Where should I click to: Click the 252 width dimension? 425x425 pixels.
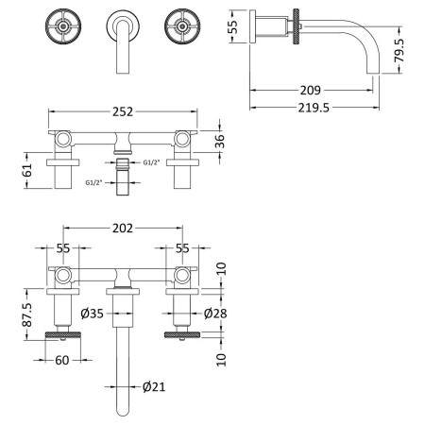coord(123,111)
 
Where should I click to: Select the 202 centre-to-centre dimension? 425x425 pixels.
coord(123,229)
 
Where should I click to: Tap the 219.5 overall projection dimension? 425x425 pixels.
coord(314,108)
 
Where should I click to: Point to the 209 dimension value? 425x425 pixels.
coord(311,91)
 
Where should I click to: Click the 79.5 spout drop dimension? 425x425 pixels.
coord(399,50)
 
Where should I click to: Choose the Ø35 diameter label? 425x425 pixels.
coord(92,314)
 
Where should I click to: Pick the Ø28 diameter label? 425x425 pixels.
coord(215,314)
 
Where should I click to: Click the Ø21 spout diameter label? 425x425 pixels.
coord(154,386)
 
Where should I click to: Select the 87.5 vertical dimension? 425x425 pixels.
coord(27,314)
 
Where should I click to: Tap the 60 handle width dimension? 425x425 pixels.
coord(62,360)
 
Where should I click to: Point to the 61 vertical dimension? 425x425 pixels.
coord(27,170)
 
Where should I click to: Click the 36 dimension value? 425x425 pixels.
coord(220,141)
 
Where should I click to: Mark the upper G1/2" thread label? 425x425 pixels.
coord(151,162)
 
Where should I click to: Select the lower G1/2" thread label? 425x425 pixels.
coord(94,182)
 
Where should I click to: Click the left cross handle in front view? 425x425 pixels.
coord(63,26)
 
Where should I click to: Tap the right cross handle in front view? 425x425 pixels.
coord(182,26)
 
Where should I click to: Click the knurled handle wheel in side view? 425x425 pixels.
coord(296,26)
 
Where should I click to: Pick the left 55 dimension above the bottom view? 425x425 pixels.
coord(63,248)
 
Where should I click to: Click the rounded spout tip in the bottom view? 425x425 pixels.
coord(123,413)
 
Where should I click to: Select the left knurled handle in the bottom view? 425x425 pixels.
coord(63,334)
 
